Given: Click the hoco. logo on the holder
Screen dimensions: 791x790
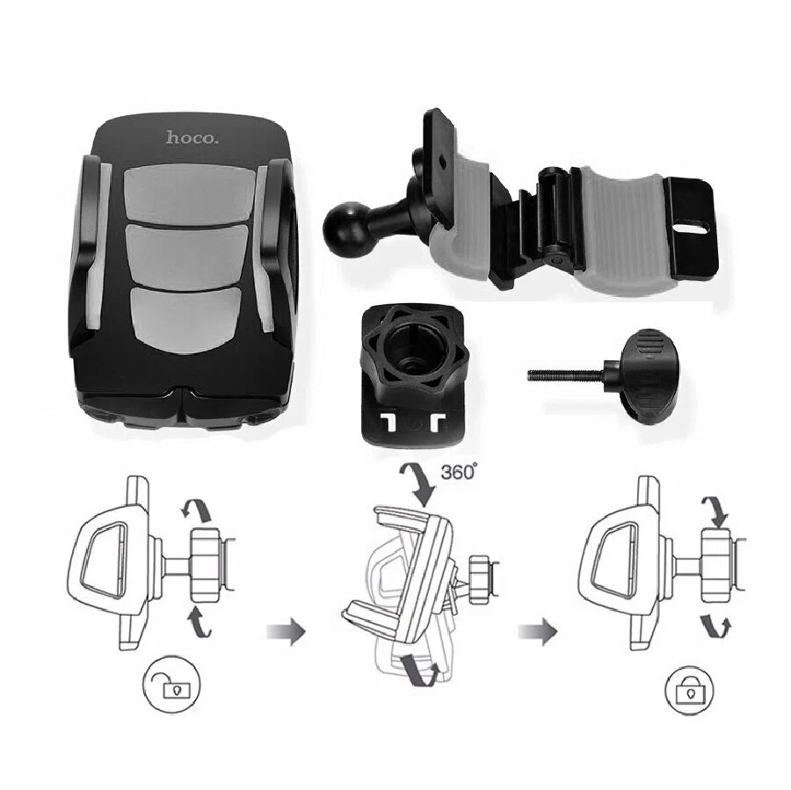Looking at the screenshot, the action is click(192, 137).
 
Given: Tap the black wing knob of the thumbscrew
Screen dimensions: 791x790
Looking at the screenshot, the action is click(647, 373).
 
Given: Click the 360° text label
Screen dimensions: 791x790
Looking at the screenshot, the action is click(459, 472).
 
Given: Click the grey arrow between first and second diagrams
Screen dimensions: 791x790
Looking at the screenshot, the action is click(286, 631).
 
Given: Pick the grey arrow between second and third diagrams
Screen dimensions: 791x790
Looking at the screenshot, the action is click(538, 631).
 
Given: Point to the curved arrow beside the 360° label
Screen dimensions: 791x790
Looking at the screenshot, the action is click(418, 482).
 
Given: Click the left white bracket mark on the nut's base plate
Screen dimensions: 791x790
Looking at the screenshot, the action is click(389, 424).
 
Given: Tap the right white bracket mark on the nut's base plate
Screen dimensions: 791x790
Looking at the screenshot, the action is click(437, 424).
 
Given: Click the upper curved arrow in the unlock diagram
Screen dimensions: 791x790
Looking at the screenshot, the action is click(198, 510).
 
